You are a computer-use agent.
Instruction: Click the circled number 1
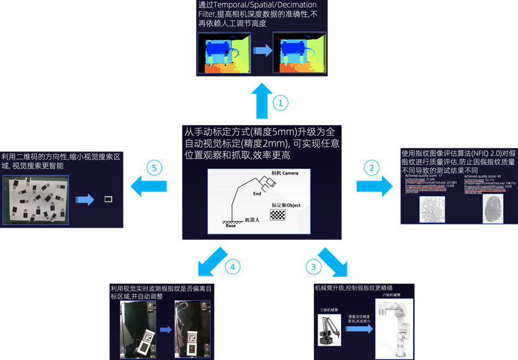tap(281, 102)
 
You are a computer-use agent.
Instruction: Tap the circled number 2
tap(371, 168)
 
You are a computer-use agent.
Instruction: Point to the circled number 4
tap(232, 268)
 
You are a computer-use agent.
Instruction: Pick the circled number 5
tap(154, 168)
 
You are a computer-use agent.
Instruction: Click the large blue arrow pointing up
tap(261, 101)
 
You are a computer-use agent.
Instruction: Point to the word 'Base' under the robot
tap(231, 225)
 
